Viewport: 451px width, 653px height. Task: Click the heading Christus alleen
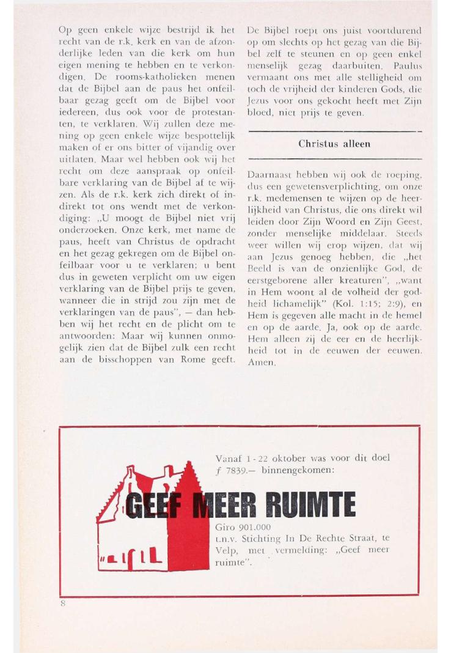(334, 144)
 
